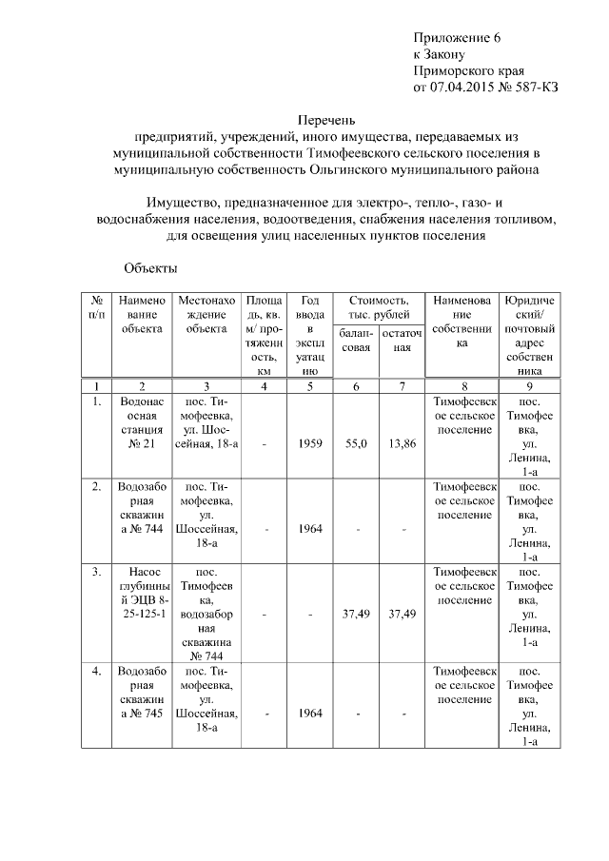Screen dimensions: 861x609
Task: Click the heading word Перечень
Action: tap(326, 121)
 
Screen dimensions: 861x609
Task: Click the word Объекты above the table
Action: tap(150, 267)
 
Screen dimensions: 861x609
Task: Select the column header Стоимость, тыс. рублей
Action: tap(379, 306)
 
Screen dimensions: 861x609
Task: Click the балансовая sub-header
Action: tap(356, 341)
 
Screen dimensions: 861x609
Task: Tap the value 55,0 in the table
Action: tap(356, 443)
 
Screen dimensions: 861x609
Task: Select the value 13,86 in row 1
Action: tap(403, 443)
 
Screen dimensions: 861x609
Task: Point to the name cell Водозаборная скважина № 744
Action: tap(142, 508)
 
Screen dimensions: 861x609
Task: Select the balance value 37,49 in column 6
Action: tap(356, 615)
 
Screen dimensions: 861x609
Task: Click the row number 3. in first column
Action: tap(97, 573)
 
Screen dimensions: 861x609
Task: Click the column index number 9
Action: tap(529, 385)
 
